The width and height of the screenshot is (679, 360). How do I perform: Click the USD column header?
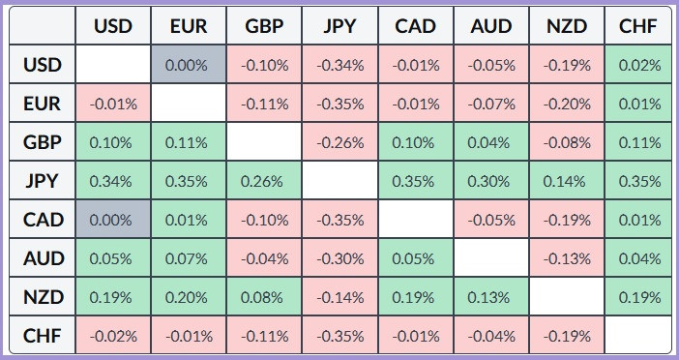[113, 25]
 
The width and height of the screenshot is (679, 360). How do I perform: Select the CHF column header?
[637, 25]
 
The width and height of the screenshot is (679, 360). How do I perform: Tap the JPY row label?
[42, 181]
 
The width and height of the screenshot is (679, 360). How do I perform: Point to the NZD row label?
[42, 297]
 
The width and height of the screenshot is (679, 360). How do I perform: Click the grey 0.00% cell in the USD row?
[189, 64]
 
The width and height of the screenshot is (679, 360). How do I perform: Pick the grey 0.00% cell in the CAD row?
[113, 220]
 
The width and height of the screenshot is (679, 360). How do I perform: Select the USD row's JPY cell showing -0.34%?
[339, 64]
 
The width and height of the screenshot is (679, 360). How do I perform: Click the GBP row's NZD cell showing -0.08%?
[567, 141]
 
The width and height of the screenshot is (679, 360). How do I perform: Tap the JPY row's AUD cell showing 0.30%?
[491, 181]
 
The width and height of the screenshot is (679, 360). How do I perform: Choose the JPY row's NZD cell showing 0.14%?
[567, 181]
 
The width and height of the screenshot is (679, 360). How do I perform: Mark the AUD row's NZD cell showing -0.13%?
[567, 258]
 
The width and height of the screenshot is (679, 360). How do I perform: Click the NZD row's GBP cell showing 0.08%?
[264, 297]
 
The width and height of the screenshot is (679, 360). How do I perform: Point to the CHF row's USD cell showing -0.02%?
[113, 335]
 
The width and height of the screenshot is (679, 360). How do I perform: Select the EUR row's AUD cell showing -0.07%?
[491, 104]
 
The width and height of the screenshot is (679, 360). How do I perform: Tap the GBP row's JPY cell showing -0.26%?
[339, 141]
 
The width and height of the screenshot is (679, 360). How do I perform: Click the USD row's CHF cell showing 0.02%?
[637, 64]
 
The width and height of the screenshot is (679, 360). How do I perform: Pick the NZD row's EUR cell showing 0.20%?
[189, 297]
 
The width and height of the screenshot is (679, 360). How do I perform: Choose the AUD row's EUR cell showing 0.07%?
[189, 258]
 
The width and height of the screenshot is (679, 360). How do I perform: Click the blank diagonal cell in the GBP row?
[264, 141]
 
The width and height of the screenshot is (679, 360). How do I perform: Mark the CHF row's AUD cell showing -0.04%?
[491, 335]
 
